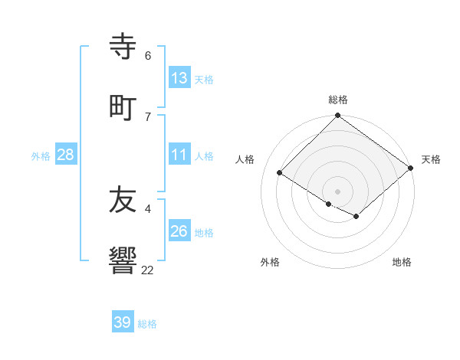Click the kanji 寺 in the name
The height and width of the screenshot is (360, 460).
(x=123, y=47)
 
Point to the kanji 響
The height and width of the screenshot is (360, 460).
(x=123, y=261)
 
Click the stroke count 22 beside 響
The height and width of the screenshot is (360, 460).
(x=147, y=270)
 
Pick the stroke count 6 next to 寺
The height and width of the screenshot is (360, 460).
(x=147, y=55)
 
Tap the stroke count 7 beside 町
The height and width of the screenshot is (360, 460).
(x=147, y=116)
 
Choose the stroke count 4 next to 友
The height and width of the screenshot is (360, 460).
(x=147, y=208)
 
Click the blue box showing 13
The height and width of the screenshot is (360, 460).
(x=179, y=77)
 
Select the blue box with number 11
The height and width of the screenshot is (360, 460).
(x=179, y=154)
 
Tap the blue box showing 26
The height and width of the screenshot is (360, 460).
(x=179, y=231)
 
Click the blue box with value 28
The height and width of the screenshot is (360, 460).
(x=66, y=154)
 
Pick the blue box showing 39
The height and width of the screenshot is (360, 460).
(x=123, y=322)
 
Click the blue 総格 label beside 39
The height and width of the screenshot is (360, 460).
(x=147, y=324)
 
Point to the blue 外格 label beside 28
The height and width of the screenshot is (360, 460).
(x=41, y=155)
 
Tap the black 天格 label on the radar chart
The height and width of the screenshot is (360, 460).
(x=431, y=159)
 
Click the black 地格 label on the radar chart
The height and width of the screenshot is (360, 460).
(x=402, y=262)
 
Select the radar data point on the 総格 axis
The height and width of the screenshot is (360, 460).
(x=337, y=116)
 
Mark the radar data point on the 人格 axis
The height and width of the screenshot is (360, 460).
(x=280, y=173)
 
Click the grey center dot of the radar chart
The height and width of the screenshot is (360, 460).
(x=337, y=191)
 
